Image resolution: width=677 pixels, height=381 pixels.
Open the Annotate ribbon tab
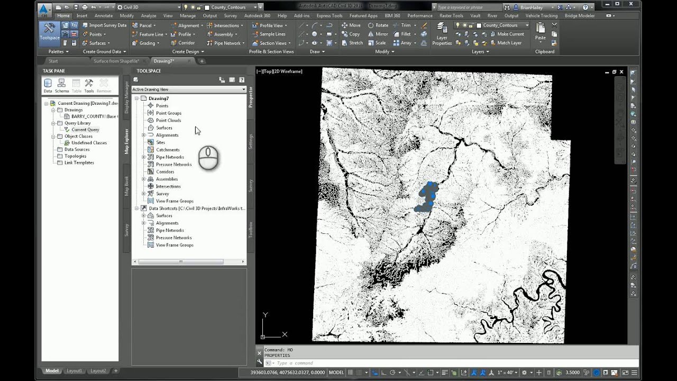pos(104,16)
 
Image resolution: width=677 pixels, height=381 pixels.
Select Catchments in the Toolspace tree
pos(167,150)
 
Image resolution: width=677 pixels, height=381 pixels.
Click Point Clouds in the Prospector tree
pos(168,120)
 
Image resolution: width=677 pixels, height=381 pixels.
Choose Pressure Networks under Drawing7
pos(173,165)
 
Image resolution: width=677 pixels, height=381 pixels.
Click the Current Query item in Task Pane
pos(85,130)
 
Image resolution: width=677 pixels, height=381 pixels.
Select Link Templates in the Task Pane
pos(79,162)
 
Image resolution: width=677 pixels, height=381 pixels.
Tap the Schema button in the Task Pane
pos(62,85)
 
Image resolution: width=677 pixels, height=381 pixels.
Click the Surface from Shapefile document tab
pos(116,61)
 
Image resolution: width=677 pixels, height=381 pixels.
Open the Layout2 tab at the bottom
pos(98,371)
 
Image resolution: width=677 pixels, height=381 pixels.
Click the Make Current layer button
pos(510,34)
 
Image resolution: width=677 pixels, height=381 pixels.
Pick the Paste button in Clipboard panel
pos(540,32)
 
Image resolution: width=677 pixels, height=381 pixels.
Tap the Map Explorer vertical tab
pos(126,141)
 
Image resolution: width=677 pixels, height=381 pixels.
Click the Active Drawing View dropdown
pos(189,89)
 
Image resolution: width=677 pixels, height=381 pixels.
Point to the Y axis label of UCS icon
pos(266,315)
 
